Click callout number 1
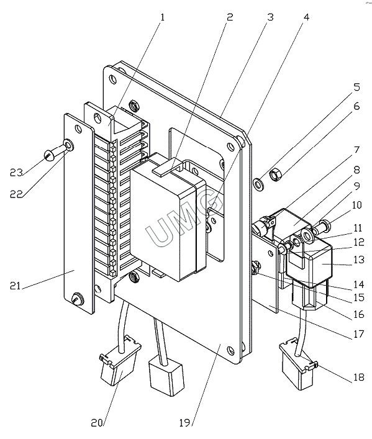[x=162, y=17]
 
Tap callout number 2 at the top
[x=230, y=17]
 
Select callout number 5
[x=356, y=87]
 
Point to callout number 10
[x=356, y=205]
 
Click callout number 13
[x=359, y=260]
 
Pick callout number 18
[x=359, y=377]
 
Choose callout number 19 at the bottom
[x=185, y=423]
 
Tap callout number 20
[x=97, y=423]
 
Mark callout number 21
[x=16, y=286]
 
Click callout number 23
[x=16, y=173]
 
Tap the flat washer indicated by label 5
[x=258, y=184]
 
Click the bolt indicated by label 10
[x=324, y=227]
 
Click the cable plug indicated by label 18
[x=297, y=364]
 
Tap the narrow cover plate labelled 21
[x=78, y=214]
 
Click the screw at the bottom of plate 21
[x=78, y=299]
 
